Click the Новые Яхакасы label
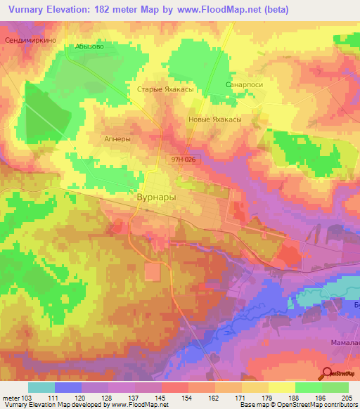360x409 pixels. click(216, 119)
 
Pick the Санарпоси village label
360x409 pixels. click(244, 84)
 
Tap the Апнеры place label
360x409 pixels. click(117, 139)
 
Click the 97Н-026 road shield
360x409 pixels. click(182, 160)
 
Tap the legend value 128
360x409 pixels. click(109, 397)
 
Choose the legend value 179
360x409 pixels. click(267, 397)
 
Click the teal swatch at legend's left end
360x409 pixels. click(41, 387)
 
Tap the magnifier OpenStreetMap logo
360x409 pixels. click(327, 373)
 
